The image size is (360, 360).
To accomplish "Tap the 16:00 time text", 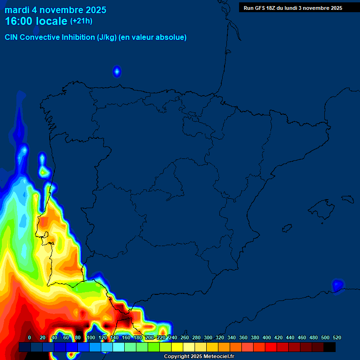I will [19, 21].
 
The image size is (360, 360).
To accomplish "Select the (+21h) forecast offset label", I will [81, 21].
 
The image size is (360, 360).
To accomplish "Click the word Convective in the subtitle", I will [40, 37].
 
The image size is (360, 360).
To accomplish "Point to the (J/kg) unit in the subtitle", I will [107, 37].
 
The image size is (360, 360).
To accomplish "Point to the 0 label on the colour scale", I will [30, 337].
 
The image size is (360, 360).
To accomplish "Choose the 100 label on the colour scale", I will [90, 337].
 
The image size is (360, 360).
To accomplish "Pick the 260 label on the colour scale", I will [184, 337].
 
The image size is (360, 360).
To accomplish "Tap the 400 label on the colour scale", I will [266, 337].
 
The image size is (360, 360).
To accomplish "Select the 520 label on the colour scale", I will [337, 337].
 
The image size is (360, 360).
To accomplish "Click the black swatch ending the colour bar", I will [330, 347].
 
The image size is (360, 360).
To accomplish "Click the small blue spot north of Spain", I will [117, 71].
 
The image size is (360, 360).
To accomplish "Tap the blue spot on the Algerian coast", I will [337, 285].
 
